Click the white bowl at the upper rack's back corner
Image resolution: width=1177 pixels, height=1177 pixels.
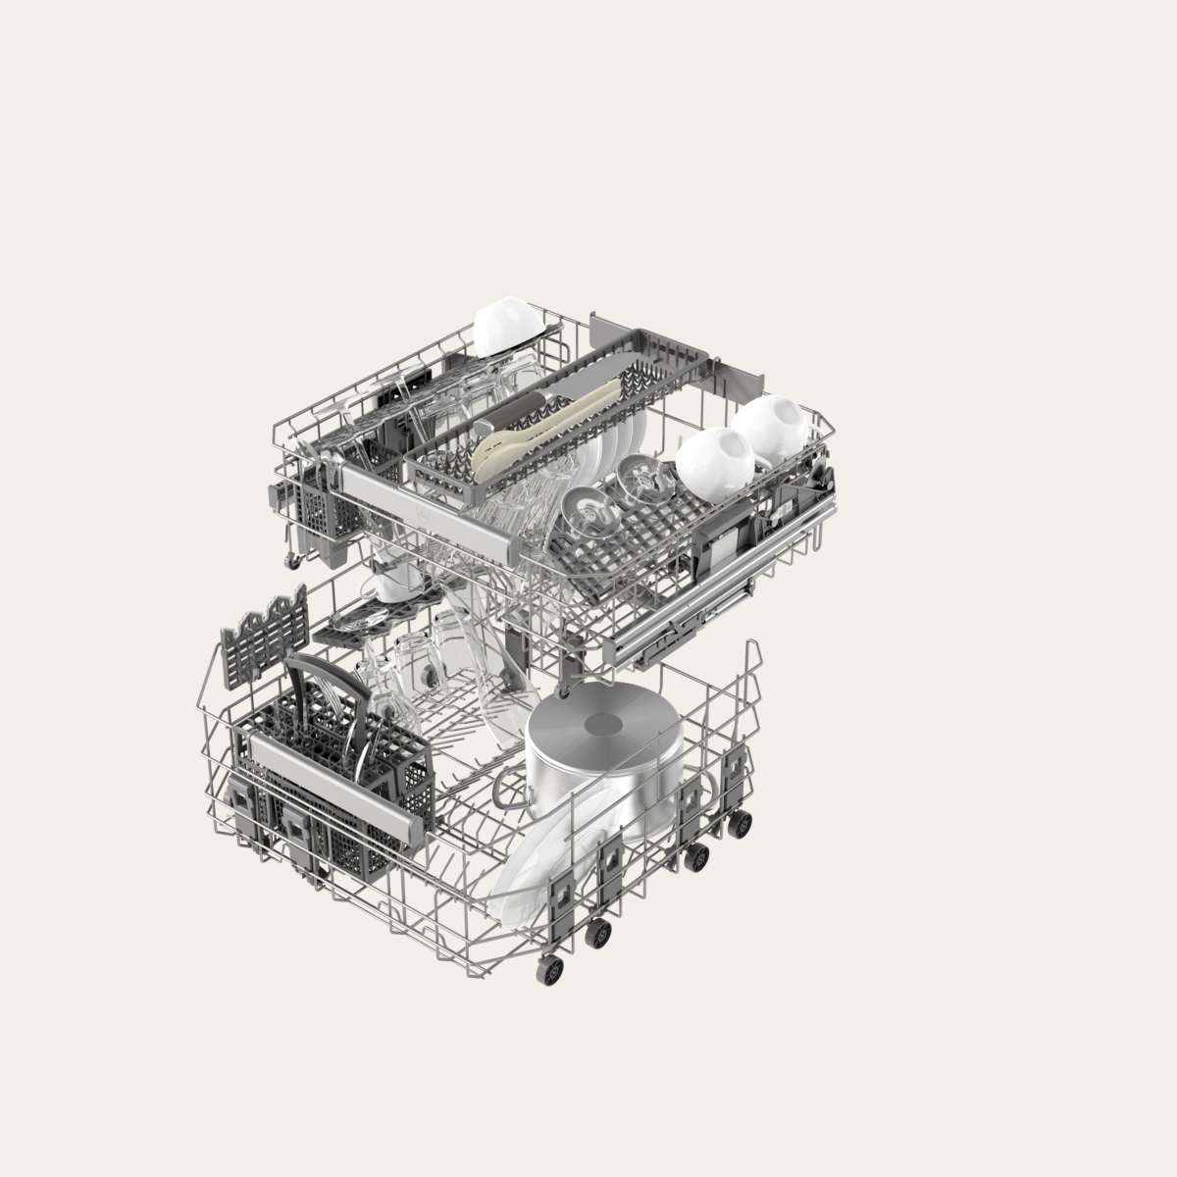(x=503, y=326)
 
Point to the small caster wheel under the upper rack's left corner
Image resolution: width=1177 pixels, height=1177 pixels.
(x=292, y=560)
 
